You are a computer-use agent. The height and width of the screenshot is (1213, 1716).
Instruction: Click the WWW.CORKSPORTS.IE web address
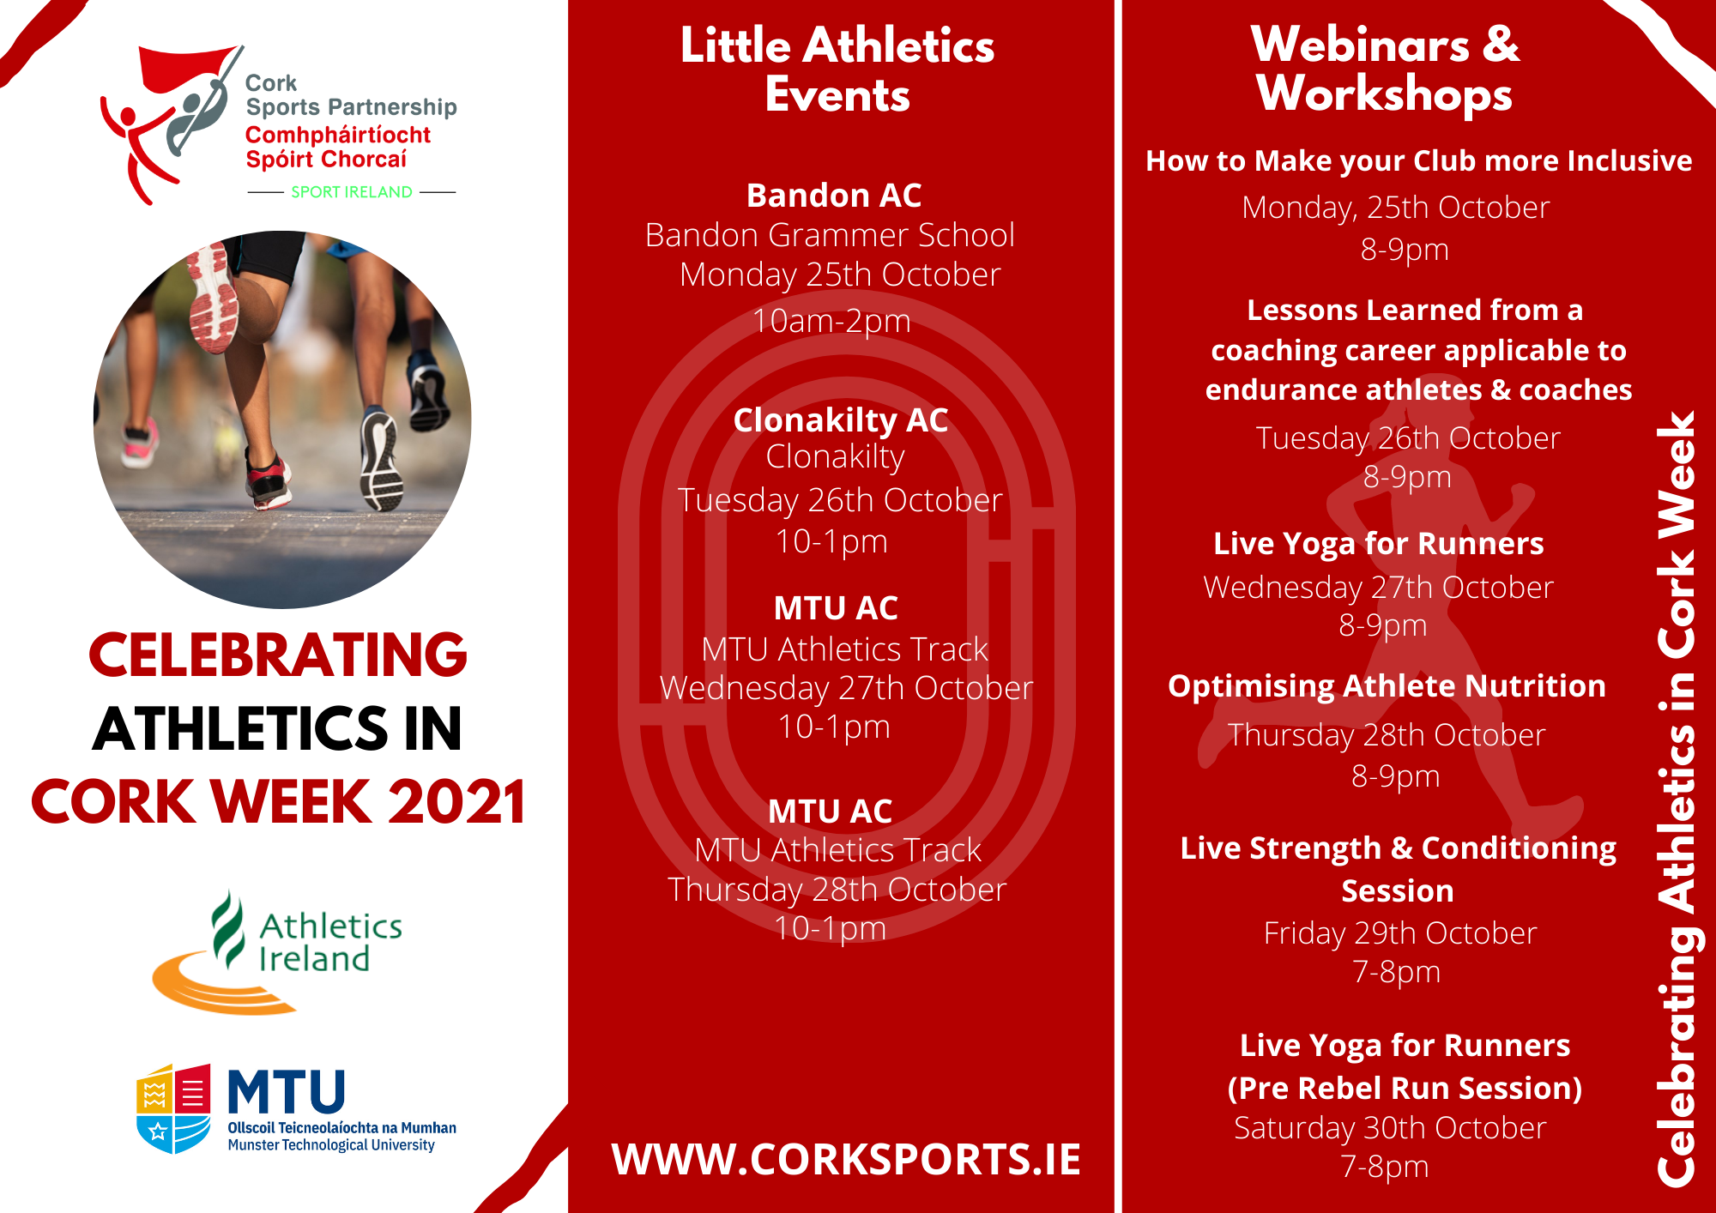(x=845, y=1160)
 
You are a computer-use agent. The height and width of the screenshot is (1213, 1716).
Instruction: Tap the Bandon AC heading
(x=834, y=196)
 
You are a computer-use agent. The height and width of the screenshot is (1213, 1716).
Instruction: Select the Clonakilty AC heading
(x=840, y=420)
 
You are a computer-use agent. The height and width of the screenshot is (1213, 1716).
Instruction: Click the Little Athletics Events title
(x=837, y=70)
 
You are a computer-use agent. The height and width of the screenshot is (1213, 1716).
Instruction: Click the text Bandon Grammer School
(x=830, y=235)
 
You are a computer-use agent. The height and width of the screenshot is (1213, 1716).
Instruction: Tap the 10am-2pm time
(x=831, y=321)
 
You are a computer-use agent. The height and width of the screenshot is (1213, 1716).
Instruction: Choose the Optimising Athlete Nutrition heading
(x=1387, y=686)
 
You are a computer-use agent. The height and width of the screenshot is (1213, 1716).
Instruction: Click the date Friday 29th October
(x=1399, y=933)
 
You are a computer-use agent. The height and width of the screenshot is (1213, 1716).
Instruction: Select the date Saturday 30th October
(x=1390, y=1128)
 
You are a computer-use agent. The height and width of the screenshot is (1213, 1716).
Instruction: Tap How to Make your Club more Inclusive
(x=1418, y=161)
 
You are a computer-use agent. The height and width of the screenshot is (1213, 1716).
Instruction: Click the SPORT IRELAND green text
(x=352, y=192)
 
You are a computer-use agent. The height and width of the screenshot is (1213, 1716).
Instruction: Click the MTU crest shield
(x=174, y=1108)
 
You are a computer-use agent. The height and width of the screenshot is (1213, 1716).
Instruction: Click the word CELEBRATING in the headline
(x=278, y=655)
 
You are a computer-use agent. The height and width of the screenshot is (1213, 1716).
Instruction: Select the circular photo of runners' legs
(x=282, y=419)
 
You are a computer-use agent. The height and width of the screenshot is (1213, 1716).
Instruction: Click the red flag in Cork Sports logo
(x=184, y=69)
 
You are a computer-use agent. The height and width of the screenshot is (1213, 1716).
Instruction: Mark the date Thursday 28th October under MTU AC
(x=837, y=890)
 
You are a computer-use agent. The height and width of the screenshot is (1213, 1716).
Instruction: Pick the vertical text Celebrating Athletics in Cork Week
(x=1676, y=798)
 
